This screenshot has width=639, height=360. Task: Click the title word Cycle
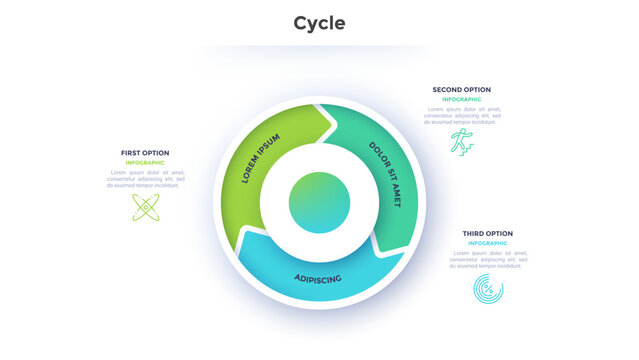(320, 23)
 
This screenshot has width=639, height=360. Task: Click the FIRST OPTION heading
(145, 153)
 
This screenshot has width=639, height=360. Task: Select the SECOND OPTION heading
(461, 90)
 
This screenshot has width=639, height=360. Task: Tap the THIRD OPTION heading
(487, 234)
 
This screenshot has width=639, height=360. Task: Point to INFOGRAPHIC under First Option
(145, 162)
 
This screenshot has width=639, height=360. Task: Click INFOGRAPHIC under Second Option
(461, 99)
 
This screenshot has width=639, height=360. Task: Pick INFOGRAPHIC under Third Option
(487, 243)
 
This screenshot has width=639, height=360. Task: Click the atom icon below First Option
(146, 207)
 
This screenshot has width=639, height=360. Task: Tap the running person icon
(461, 141)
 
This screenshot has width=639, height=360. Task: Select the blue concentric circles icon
(488, 289)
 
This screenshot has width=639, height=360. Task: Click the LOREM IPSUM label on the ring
(261, 158)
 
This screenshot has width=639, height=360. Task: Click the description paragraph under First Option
(145, 178)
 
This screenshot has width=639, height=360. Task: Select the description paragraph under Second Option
(461, 115)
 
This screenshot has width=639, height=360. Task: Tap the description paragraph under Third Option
(487, 259)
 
